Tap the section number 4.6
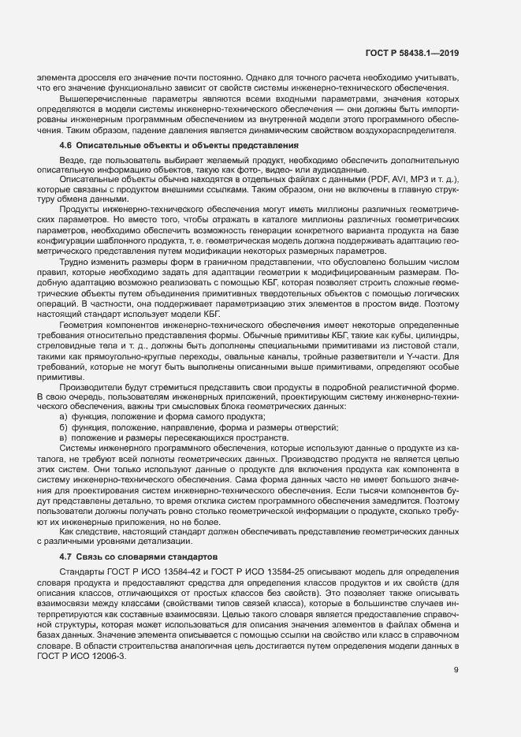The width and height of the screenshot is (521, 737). (66, 146)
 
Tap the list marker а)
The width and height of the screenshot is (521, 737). (63, 415)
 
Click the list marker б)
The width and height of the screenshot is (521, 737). (63, 426)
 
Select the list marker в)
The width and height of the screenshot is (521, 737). (63, 437)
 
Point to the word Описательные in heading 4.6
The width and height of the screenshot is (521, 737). (110, 146)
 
